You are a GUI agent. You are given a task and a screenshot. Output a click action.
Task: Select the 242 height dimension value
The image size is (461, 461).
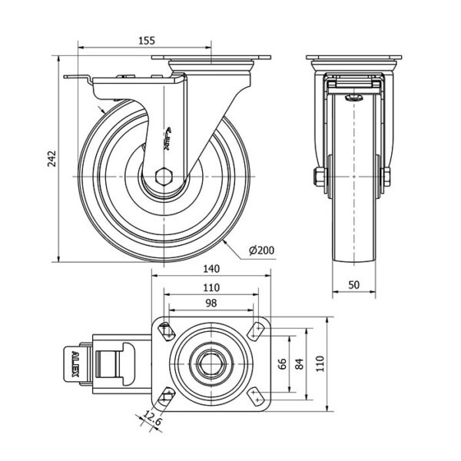coord(51,159)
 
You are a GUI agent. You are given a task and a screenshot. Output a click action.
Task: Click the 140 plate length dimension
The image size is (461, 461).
coord(211,269)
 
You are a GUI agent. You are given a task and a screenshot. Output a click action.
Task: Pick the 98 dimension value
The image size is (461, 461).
coord(211,303)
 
